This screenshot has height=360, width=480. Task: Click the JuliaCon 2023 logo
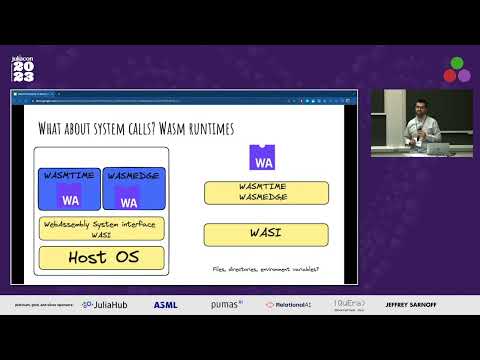click(x=22, y=69)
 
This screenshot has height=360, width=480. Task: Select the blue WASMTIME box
click(x=69, y=188)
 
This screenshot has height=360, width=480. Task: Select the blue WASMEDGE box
click(x=134, y=188)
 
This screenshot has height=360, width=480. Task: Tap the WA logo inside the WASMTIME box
click(x=69, y=197)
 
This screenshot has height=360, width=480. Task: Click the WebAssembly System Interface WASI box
click(x=101, y=228)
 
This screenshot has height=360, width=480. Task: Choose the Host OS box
click(x=101, y=258)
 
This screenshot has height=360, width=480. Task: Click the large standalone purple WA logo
click(x=263, y=158)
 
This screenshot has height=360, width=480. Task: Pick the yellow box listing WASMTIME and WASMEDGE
click(x=266, y=192)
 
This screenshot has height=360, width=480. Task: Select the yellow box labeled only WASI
click(x=266, y=235)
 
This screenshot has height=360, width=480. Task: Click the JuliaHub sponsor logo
click(x=103, y=304)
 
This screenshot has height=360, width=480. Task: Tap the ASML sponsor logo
click(x=166, y=304)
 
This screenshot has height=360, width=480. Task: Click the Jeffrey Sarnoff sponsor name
click(x=409, y=304)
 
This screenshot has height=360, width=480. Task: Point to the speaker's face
click(x=422, y=105)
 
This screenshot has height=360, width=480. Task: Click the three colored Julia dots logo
click(x=457, y=69)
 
